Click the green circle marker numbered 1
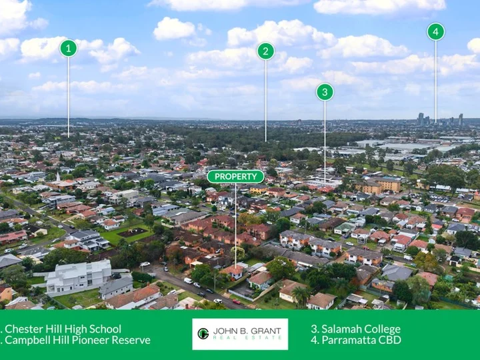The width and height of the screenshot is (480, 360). click(68, 49)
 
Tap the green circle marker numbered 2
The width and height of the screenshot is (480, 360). click(266, 51)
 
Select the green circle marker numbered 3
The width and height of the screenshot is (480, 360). click(325, 92)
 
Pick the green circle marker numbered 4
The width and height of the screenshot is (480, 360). click(435, 31)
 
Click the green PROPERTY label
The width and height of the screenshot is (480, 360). click(235, 177)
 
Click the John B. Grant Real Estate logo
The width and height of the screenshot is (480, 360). click(240, 334)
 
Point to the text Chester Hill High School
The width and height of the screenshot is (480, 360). click(63, 329)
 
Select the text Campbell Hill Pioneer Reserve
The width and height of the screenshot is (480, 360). click(77, 340)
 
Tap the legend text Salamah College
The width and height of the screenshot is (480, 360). click(356, 329)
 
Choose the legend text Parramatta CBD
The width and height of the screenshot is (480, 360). click(356, 340)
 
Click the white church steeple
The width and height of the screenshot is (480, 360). click(58, 177)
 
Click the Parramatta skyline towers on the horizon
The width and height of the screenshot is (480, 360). click(440, 119)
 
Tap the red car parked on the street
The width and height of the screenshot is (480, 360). click(237, 301)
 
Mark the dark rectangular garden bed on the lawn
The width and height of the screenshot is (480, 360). click(133, 233)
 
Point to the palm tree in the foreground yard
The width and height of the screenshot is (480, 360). click(301, 294)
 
